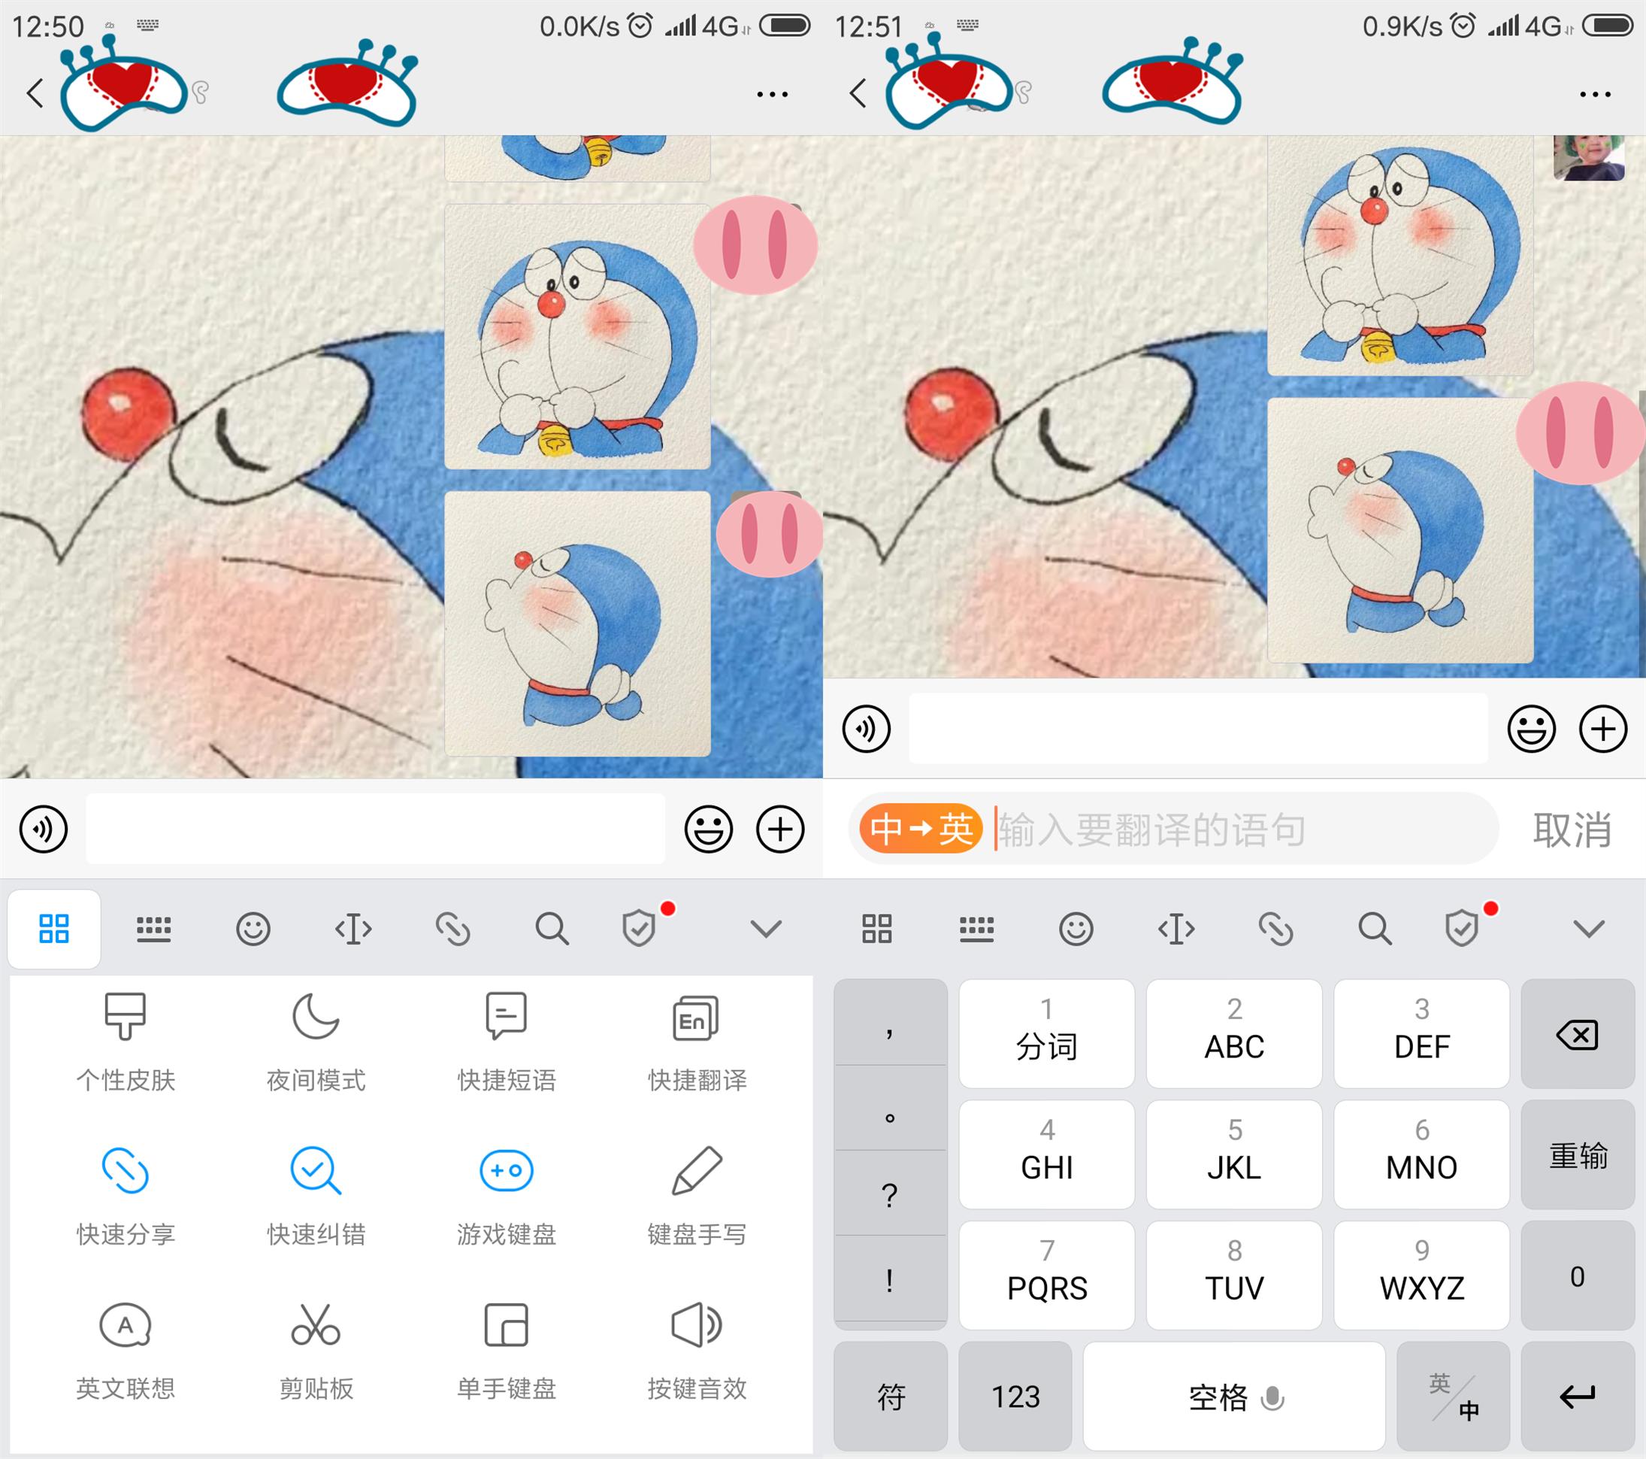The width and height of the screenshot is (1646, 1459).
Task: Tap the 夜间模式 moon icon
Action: pos(316,1017)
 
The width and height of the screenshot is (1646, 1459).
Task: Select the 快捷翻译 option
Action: pos(697,1039)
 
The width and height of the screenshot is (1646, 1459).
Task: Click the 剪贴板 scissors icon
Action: pos(316,1325)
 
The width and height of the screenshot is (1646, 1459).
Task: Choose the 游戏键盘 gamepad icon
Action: pos(506,1170)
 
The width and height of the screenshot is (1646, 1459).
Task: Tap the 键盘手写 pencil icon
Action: pos(697,1170)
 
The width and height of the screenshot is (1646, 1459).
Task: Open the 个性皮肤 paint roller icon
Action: pos(126,1017)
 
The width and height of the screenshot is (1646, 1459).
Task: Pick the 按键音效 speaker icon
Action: pos(697,1325)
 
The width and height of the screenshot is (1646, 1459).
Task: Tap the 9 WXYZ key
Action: pos(1421,1275)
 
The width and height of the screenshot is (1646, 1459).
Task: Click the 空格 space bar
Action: pos(1233,1396)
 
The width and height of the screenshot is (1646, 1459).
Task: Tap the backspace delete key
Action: pos(1578,1034)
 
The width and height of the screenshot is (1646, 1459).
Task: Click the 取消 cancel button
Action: pos(1572,830)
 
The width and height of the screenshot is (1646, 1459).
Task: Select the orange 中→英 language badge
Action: pos(921,829)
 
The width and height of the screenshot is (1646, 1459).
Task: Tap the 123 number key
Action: pos(1015,1396)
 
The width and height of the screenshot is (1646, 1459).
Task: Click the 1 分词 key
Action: pos(1046,1033)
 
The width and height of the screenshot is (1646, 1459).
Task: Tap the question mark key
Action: pos(890,1195)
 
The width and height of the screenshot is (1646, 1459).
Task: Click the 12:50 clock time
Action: pos(48,27)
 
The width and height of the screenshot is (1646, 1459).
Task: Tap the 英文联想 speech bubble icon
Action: pos(126,1325)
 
